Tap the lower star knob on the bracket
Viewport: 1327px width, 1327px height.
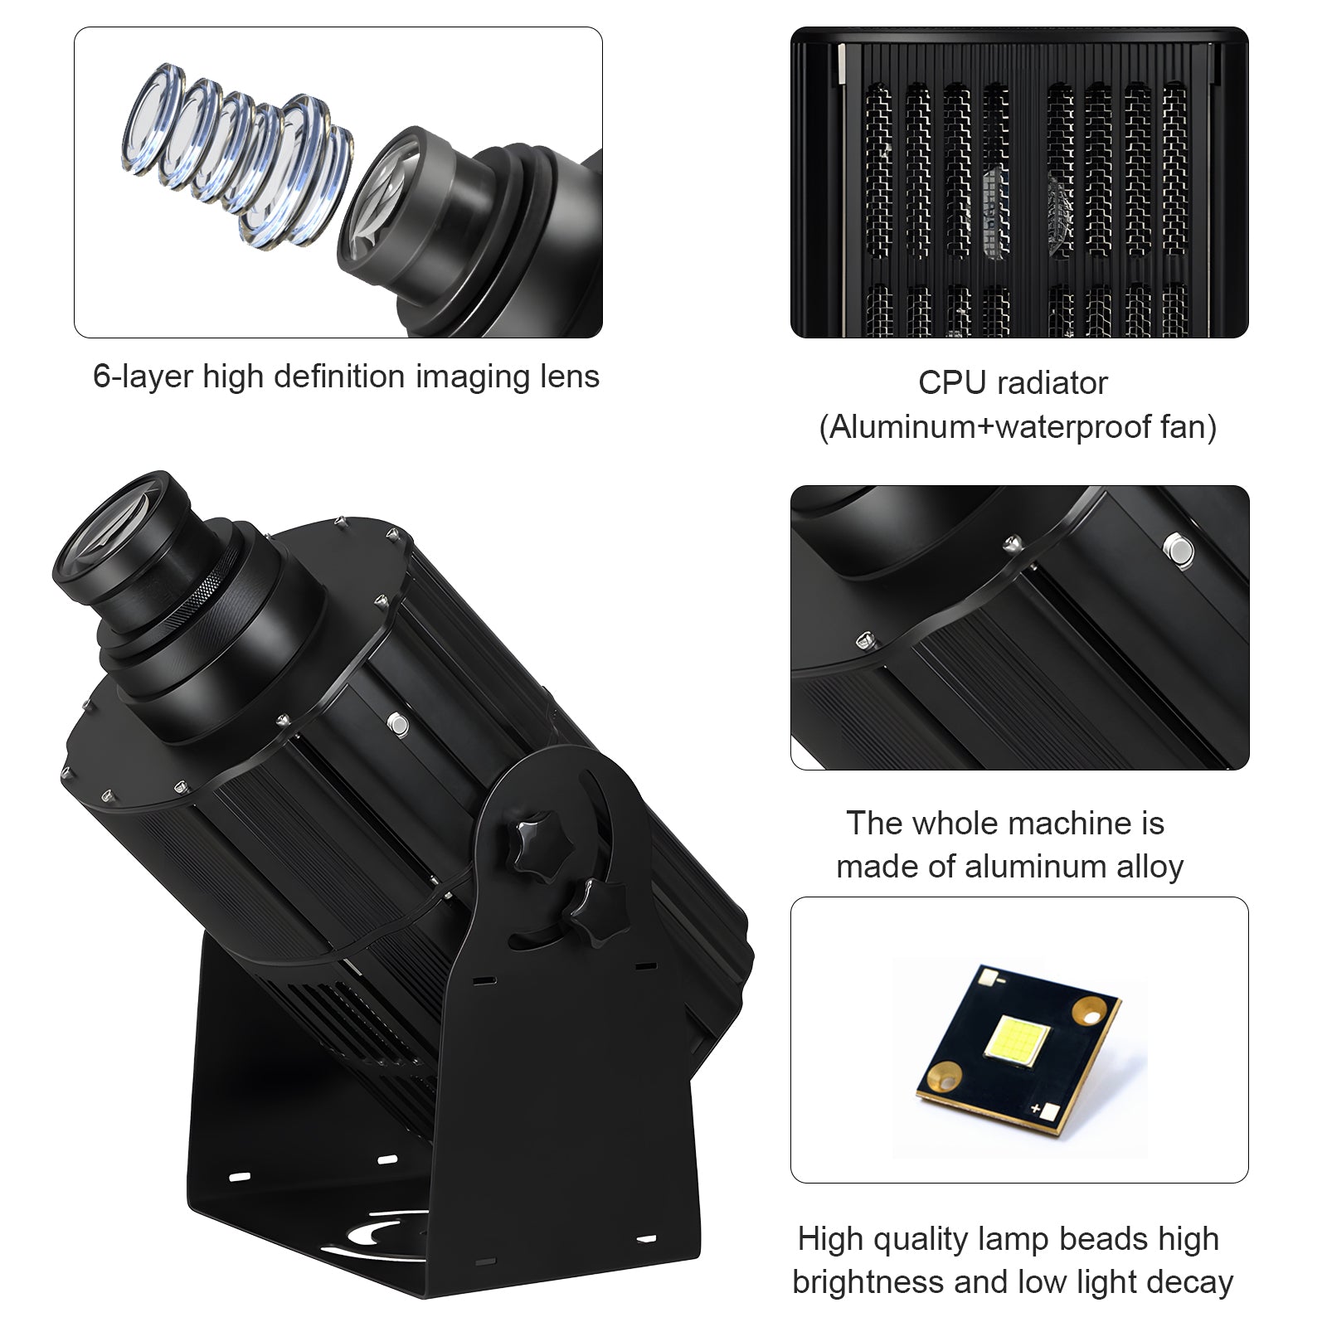tap(593, 911)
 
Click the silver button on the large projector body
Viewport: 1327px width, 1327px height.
tap(398, 724)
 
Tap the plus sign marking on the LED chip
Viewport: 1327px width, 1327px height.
tap(1036, 1108)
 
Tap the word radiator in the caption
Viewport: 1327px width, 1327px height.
tap(1052, 383)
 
